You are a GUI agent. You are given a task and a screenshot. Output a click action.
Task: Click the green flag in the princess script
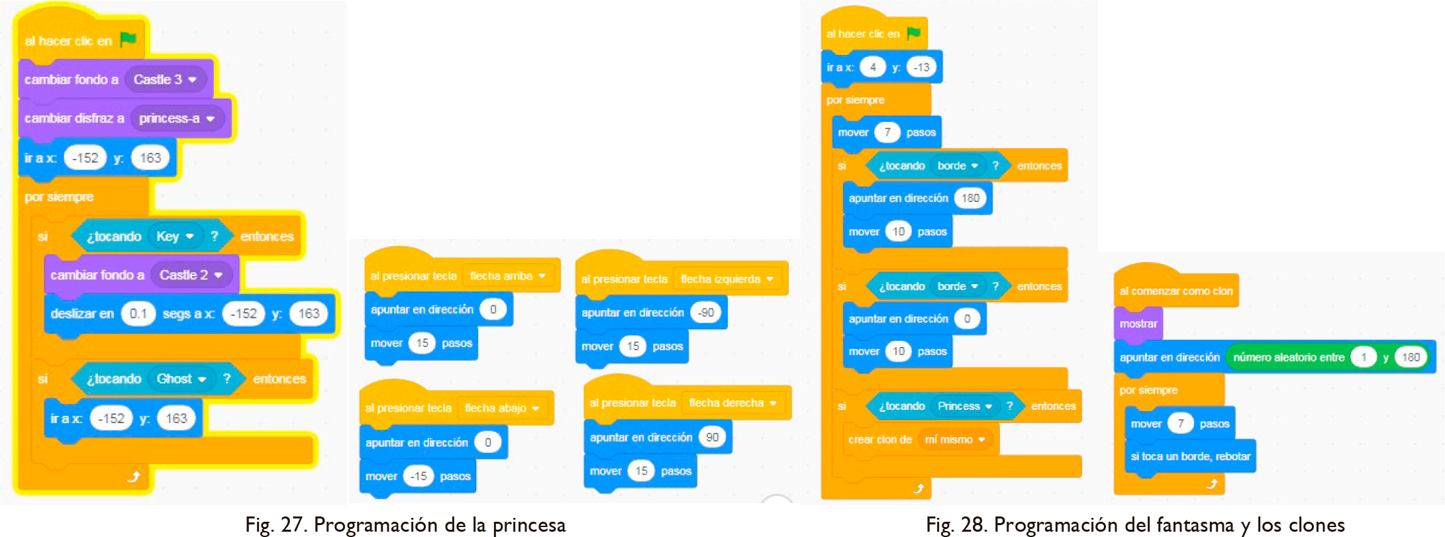128,40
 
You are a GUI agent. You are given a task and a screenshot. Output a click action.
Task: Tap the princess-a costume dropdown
177,119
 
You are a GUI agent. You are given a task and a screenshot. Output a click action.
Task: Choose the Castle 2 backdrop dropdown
191,275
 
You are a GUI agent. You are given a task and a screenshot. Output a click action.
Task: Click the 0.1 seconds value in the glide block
138,313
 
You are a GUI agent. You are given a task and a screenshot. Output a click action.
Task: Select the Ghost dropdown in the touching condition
181,379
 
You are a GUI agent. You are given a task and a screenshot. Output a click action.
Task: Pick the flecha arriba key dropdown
507,276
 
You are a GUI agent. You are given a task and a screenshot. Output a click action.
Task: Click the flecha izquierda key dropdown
726,279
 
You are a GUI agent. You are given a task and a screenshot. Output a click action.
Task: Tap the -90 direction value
706,313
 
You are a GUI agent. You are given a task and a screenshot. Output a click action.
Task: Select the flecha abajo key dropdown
502,408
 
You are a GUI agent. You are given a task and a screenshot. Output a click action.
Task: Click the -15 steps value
419,476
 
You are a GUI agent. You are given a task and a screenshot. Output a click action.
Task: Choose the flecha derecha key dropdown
732,403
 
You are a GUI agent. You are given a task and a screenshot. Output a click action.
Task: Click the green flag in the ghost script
914,33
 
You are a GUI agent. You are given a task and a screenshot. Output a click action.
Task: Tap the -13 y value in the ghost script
921,67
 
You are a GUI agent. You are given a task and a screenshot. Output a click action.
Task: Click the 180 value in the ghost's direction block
970,198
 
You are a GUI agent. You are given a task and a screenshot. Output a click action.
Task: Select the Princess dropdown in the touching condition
964,406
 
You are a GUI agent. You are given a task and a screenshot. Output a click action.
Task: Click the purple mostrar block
1138,324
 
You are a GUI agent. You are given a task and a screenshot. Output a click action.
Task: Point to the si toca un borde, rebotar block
1190,456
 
